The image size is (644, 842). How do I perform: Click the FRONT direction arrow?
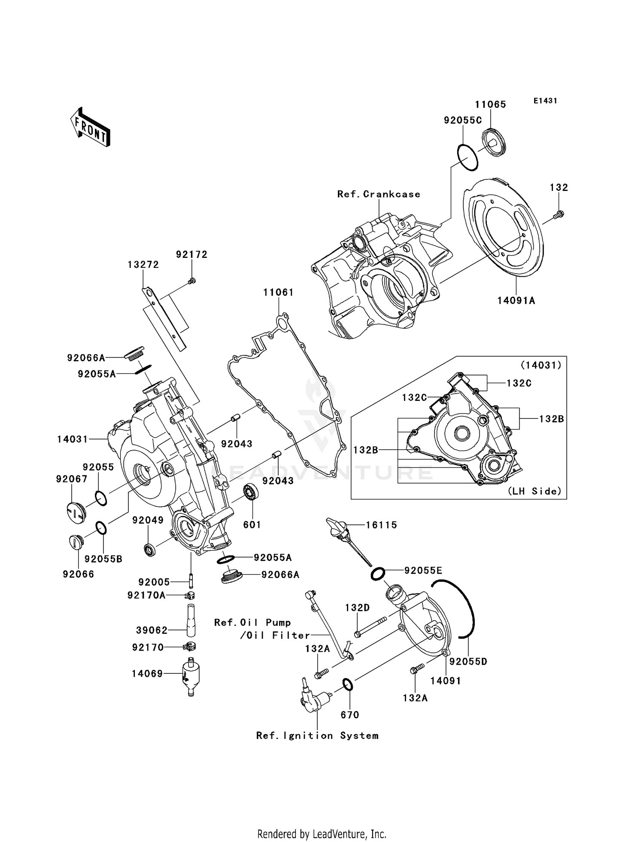tap(90, 127)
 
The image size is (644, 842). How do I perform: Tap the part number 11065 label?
tap(490, 104)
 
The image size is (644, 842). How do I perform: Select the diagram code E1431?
tap(545, 100)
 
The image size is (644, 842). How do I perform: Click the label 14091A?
tap(516, 301)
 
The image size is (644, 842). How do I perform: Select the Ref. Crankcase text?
tap(379, 194)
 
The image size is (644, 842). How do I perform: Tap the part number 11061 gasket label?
tap(278, 292)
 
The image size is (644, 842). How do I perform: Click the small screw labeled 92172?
tap(192, 281)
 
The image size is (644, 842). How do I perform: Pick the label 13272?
tap(143, 265)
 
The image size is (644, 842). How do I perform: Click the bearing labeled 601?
tap(251, 491)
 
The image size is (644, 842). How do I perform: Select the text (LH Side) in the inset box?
tap(535, 491)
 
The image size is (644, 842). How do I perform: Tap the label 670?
tap(349, 715)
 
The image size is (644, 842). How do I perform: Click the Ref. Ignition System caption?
tap(317, 736)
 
